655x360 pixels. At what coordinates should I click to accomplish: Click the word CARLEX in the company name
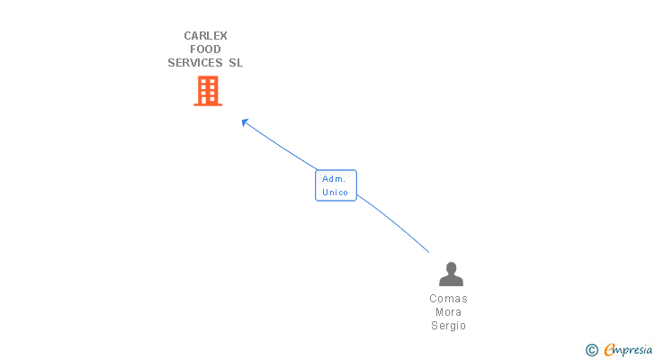205,36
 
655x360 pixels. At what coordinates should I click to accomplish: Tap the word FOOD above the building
205,49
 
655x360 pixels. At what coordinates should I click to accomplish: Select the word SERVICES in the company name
196,63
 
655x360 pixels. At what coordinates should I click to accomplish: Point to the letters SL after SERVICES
236,63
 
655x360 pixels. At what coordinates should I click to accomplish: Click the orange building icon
208,91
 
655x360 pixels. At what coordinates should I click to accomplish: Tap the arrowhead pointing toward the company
244,121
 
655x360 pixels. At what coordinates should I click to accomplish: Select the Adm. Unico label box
336,185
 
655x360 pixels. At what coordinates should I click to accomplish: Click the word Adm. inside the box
334,179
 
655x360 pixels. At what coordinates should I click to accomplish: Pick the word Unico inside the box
336,193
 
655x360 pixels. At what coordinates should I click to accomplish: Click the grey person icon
450,274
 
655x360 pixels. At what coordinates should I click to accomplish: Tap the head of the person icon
450,267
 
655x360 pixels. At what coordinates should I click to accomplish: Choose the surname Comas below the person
448,299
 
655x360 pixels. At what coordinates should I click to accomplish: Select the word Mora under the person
448,312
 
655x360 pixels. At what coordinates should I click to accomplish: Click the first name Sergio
448,326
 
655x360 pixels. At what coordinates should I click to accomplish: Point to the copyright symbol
591,349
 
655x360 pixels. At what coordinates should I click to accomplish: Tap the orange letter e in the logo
609,350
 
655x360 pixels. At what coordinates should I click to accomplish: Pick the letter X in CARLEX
222,36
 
